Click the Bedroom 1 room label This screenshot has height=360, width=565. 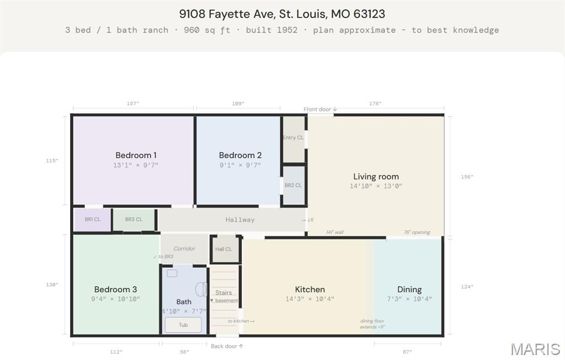[136, 155]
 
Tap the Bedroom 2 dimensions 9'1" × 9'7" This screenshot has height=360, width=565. [240, 165]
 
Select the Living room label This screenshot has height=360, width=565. [376, 176]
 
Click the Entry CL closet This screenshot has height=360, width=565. [294, 139]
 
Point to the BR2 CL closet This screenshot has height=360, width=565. [294, 186]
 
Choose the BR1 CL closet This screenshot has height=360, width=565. [92, 220]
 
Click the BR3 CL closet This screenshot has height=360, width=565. [134, 220]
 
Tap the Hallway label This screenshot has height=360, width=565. [240, 220]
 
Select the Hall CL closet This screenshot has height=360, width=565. [225, 249]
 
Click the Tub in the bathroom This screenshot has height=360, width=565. [183, 325]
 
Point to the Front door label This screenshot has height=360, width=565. [320, 109]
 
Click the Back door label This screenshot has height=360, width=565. [227, 346]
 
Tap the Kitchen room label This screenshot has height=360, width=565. [310, 289]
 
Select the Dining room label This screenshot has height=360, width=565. [409, 289]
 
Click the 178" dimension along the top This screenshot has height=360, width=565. [375, 103]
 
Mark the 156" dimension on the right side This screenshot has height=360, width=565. [467, 177]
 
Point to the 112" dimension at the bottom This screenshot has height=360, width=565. [116, 352]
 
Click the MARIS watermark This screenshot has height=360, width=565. [535, 349]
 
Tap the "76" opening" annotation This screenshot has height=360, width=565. [417, 232]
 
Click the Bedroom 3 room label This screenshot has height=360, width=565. [115, 289]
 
